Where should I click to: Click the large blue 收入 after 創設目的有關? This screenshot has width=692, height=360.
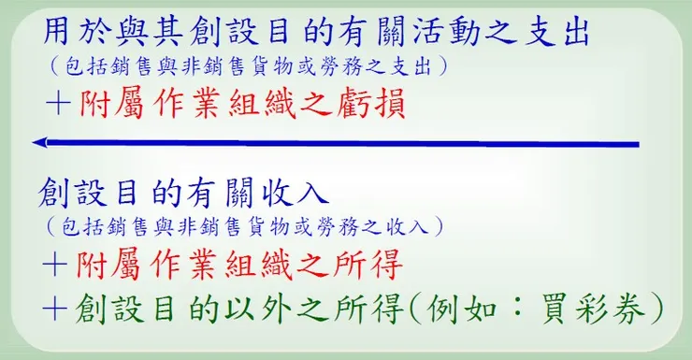[296, 193]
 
